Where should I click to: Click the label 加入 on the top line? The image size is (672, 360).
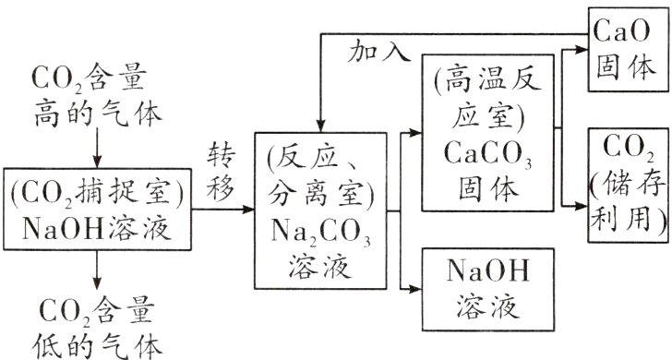point(378,54)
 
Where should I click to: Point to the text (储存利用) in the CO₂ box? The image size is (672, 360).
point(620,196)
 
